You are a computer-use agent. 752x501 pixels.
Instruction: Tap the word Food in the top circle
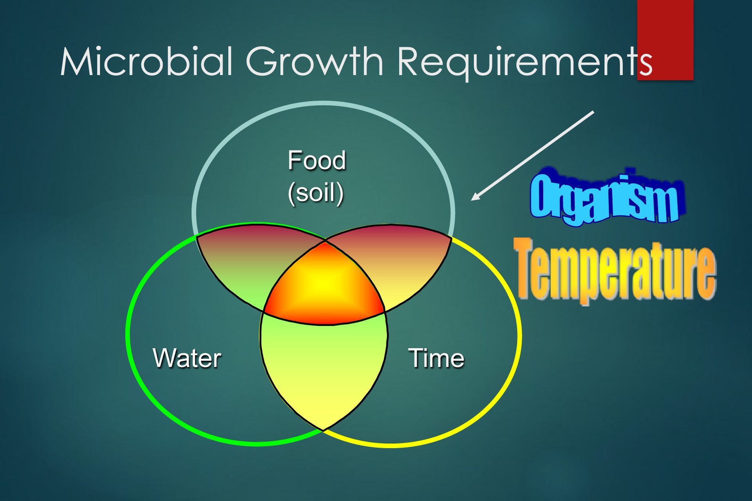pyautogui.click(x=316, y=160)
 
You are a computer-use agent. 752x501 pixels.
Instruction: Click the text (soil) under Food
pyautogui.click(x=316, y=193)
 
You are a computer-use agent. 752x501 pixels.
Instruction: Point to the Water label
pyautogui.click(x=187, y=358)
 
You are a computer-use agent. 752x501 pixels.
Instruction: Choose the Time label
pyautogui.click(x=436, y=358)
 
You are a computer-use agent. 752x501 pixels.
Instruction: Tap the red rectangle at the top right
pyautogui.click(x=665, y=40)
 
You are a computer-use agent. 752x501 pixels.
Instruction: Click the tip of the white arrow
pyautogui.click(x=471, y=200)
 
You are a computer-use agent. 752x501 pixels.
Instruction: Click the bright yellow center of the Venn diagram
pyautogui.click(x=324, y=284)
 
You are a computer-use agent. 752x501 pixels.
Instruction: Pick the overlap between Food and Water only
pyautogui.click(x=251, y=262)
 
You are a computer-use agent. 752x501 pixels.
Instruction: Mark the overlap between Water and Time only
pyautogui.click(x=324, y=372)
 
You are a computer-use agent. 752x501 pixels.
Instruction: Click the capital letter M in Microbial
pyautogui.click(x=76, y=62)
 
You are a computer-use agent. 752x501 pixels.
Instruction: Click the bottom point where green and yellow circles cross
pyautogui.click(x=323, y=430)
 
